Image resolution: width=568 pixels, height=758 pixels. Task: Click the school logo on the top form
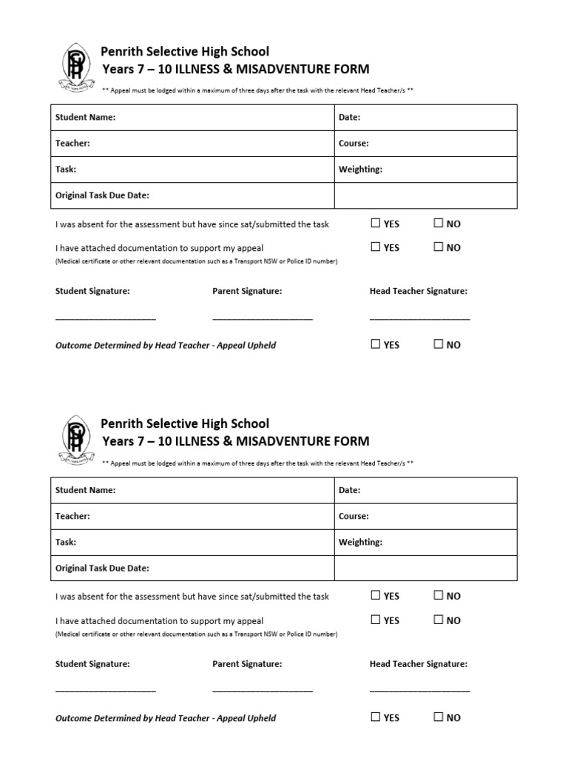(x=75, y=67)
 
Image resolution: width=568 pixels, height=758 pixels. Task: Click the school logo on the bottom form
(x=75, y=440)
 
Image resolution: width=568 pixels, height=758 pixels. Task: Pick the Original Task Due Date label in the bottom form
(x=102, y=568)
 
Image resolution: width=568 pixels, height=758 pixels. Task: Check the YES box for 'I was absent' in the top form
(x=376, y=224)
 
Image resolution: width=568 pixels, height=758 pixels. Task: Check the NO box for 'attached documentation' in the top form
(x=439, y=247)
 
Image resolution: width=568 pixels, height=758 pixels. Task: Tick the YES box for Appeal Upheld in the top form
(x=376, y=344)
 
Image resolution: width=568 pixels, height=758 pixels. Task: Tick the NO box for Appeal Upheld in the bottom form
(x=439, y=717)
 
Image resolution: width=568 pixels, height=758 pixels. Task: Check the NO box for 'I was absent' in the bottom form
(x=439, y=596)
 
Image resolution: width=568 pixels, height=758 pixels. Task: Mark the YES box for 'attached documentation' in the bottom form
(x=376, y=620)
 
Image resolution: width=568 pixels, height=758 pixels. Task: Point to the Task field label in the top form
(x=66, y=170)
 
